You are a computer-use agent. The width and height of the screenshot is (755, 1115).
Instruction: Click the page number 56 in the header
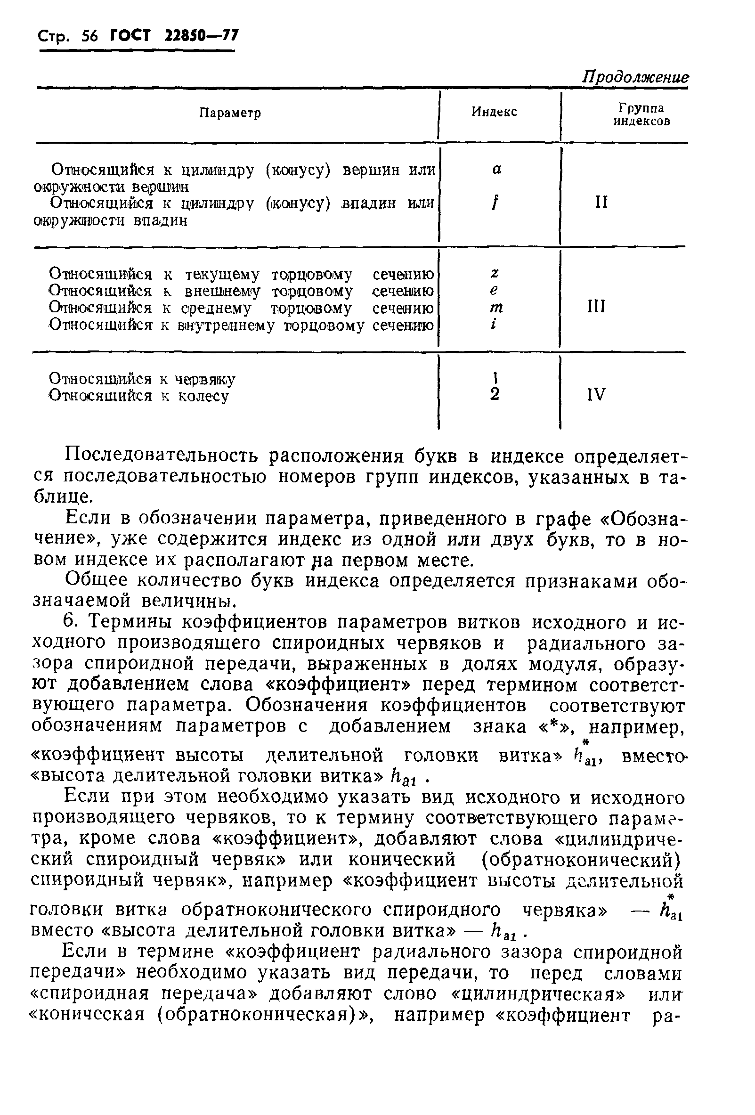pyautogui.click(x=89, y=36)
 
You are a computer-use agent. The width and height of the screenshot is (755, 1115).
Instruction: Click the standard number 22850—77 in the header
pyautogui.click(x=201, y=35)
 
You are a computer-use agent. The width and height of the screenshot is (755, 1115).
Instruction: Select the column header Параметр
pyautogui.click(x=230, y=113)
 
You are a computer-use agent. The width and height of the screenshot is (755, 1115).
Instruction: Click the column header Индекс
pyautogui.click(x=494, y=112)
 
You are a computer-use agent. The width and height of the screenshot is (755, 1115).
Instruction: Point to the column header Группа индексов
pyautogui.click(x=641, y=114)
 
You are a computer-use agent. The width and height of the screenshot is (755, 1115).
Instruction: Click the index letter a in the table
pyautogui.click(x=497, y=170)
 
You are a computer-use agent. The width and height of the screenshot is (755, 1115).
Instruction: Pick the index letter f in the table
pyautogui.click(x=494, y=203)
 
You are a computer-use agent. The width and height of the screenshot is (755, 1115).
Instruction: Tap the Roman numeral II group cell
pyautogui.click(x=601, y=202)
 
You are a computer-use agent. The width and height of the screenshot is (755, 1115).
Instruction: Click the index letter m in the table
pyautogui.click(x=496, y=308)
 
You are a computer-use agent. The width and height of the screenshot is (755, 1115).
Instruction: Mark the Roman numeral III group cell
pyautogui.click(x=596, y=306)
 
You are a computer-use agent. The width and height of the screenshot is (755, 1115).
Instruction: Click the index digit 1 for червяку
pyautogui.click(x=495, y=378)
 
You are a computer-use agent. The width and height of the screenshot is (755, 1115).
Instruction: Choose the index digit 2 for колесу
pyautogui.click(x=495, y=394)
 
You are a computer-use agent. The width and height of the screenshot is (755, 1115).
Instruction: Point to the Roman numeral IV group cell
pyautogui.click(x=596, y=394)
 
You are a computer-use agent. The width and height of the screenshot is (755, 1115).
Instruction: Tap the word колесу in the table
pyautogui.click(x=203, y=396)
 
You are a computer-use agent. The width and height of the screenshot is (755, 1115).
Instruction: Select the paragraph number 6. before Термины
pyautogui.click(x=71, y=622)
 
